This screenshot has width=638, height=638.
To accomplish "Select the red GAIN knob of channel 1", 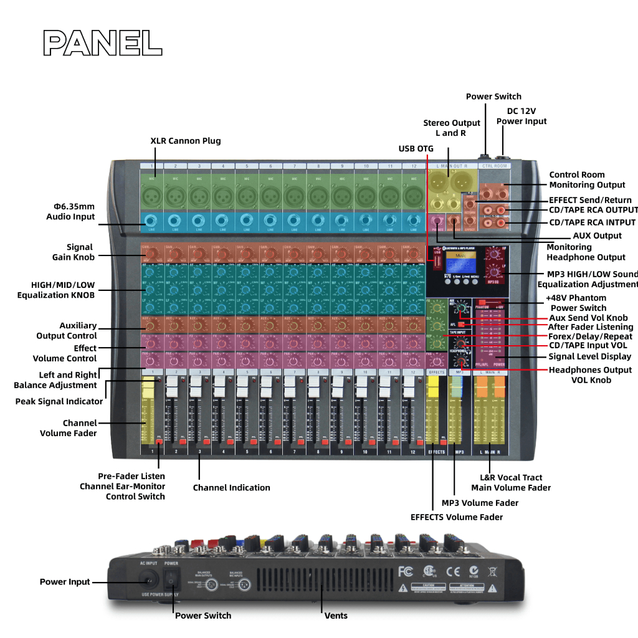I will (151, 254).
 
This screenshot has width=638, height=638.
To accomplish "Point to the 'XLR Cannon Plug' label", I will (186, 141).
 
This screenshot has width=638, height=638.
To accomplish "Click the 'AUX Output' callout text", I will (597, 236).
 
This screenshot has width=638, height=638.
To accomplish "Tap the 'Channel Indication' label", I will (231, 487).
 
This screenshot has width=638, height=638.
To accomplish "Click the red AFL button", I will (460, 325).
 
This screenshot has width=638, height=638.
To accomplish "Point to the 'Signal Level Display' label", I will (589, 357).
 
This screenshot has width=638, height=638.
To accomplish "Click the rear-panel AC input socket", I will (149, 581).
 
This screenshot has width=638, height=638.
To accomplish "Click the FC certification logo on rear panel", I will (405, 571).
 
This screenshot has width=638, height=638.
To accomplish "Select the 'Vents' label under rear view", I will (336, 616).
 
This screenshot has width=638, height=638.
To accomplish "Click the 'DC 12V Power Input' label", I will (521, 116).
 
